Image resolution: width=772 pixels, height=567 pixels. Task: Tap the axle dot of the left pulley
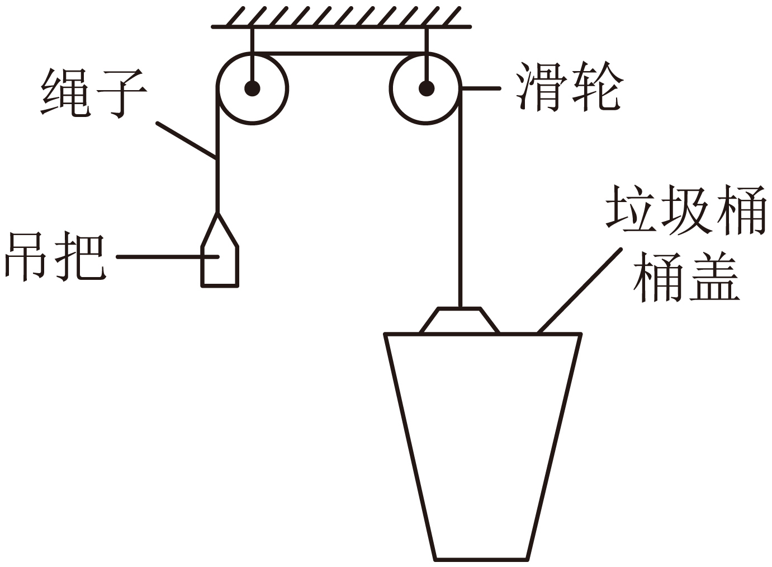tap(252, 88)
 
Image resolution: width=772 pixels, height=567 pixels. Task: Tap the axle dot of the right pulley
tap(427, 88)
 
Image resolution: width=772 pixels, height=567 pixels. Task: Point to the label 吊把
tap(54, 257)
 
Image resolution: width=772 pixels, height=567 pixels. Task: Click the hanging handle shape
tap(220, 263)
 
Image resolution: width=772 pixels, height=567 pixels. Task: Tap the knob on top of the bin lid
tap(460, 321)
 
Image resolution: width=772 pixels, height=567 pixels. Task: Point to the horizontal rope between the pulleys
tap(339, 54)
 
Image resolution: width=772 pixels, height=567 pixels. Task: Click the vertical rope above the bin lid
tap(461, 224)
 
